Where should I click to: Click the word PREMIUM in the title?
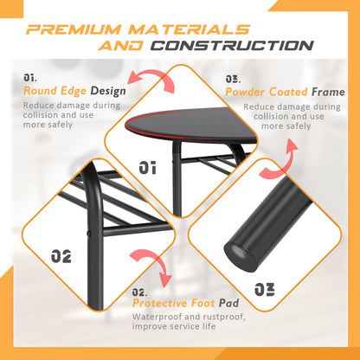(x=74, y=29)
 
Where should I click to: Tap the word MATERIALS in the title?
(x=190, y=29)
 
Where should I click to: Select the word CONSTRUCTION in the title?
(x=232, y=46)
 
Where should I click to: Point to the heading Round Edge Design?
(x=74, y=91)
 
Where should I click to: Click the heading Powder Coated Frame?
(x=285, y=92)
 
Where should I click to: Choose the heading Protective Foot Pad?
(x=186, y=303)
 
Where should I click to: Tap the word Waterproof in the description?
(x=157, y=317)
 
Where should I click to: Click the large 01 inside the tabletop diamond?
(x=148, y=168)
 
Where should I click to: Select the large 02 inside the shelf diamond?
(x=61, y=256)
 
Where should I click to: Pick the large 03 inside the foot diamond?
(x=265, y=289)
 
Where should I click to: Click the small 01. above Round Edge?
(x=30, y=78)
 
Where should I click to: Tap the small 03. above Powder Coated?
(x=233, y=79)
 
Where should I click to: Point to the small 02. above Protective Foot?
(x=139, y=292)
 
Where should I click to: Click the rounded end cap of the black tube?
(x=240, y=256)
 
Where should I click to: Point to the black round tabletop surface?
(x=190, y=124)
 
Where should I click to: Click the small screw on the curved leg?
(x=89, y=233)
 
